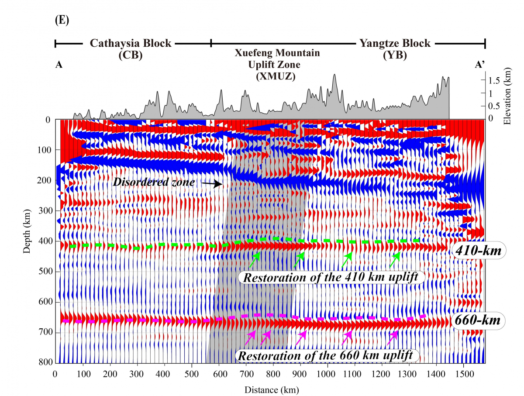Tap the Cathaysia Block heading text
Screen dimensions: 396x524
[x=131, y=43]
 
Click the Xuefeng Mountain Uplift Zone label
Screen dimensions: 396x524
[x=277, y=64]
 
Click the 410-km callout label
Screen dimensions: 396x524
[x=479, y=251]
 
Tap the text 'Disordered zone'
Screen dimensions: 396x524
[x=153, y=182]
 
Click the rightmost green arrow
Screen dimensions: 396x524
[x=395, y=260]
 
